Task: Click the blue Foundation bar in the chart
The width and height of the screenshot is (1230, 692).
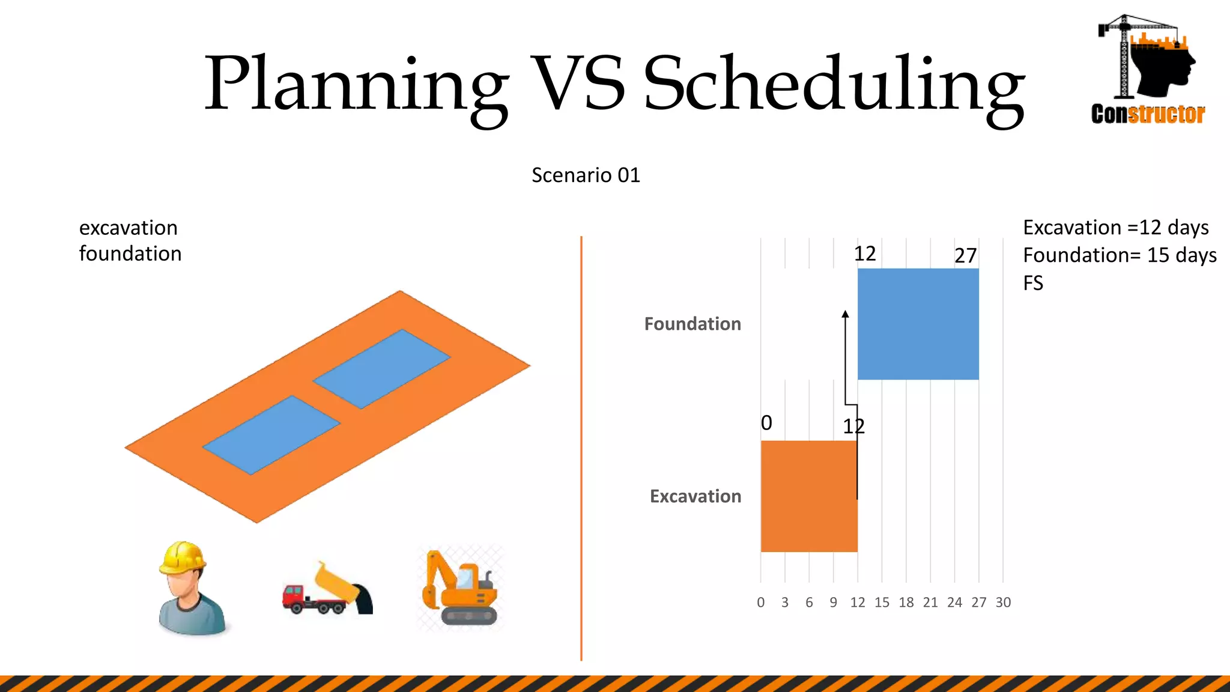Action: (918, 324)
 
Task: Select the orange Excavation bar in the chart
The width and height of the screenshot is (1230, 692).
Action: (808, 496)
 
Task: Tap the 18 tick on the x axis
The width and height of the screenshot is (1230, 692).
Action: (906, 602)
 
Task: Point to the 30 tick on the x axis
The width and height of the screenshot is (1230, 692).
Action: (1003, 602)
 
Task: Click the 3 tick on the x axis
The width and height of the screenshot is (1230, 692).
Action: (785, 602)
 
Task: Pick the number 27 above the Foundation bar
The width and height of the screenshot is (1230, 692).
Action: (966, 256)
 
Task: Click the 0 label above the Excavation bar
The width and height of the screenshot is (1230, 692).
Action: (766, 423)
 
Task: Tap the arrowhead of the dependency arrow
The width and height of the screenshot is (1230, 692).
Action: (845, 314)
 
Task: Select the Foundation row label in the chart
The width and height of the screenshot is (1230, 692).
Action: (692, 324)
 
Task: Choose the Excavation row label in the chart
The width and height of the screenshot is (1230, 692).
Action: (695, 496)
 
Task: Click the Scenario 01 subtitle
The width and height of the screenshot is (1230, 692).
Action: (586, 175)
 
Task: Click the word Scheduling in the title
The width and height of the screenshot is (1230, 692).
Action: (834, 84)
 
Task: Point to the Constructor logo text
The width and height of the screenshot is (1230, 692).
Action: (1148, 114)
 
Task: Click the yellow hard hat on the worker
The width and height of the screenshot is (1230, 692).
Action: (183, 557)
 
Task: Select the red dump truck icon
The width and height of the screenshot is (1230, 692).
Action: (327, 590)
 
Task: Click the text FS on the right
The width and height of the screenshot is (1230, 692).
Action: (1033, 283)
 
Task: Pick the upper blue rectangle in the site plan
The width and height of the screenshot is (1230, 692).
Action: (381, 368)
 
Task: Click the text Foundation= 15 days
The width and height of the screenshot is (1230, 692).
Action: (1119, 255)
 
